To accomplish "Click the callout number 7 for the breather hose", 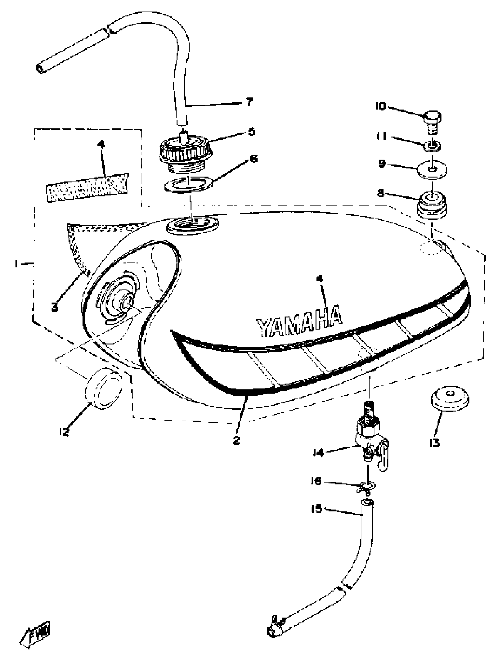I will pos(249,102).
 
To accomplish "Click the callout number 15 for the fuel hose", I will pos(317,509).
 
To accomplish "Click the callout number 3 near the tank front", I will pos(55,307).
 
